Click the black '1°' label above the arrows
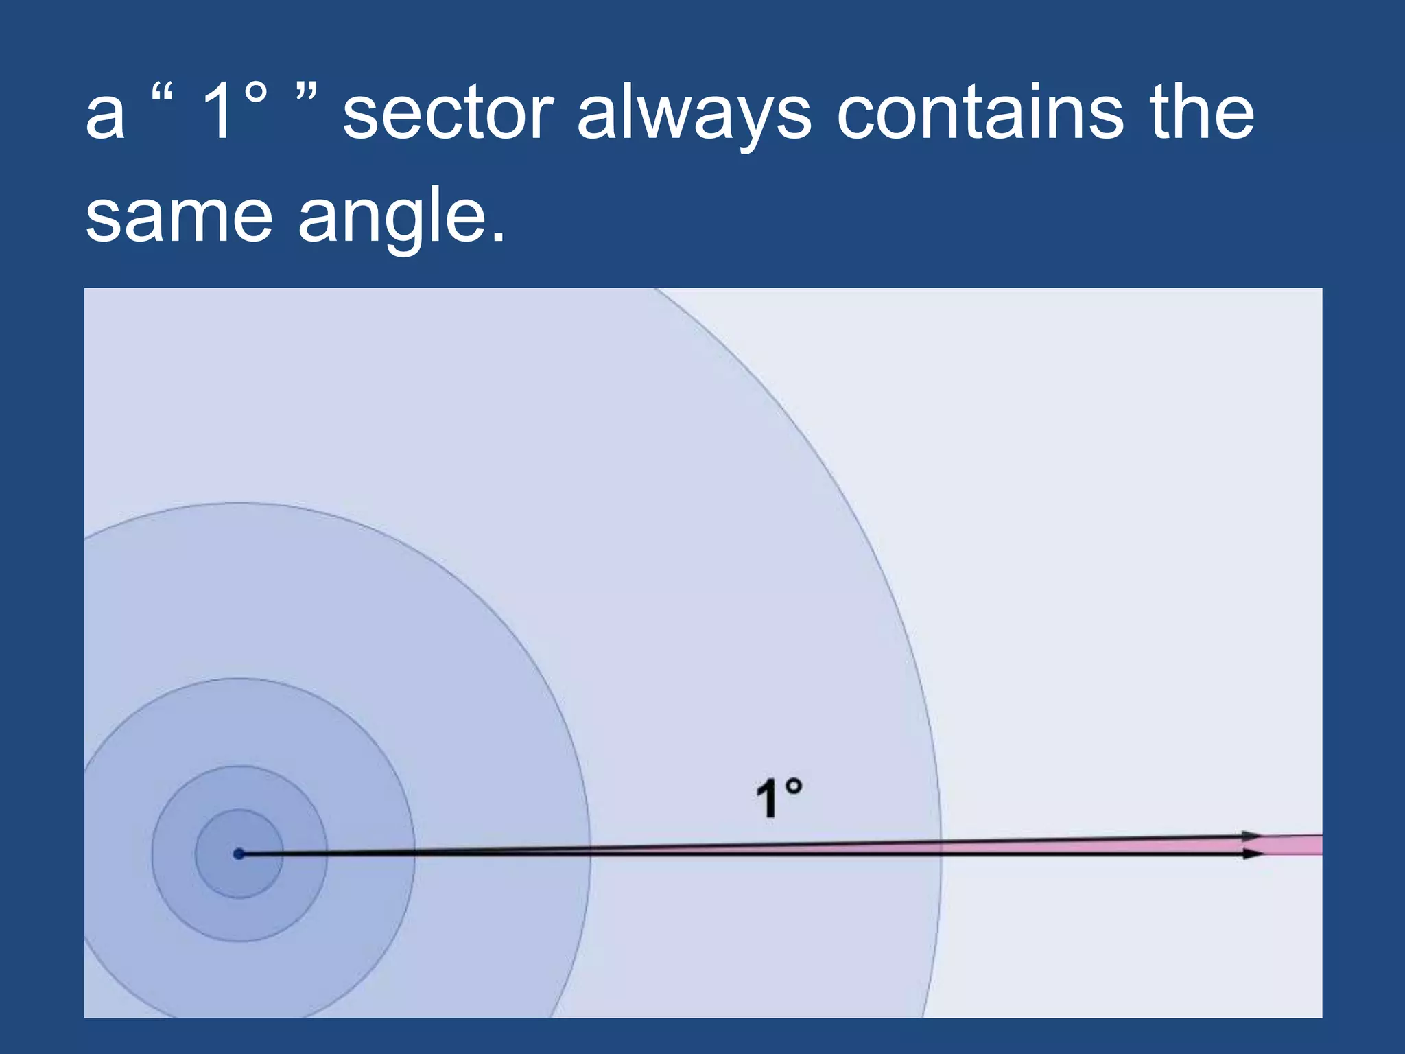pos(778,798)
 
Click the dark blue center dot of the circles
pos(239,854)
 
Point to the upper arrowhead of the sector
pos(1251,836)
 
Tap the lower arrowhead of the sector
pos(1253,854)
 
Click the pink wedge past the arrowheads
pos(1293,845)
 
